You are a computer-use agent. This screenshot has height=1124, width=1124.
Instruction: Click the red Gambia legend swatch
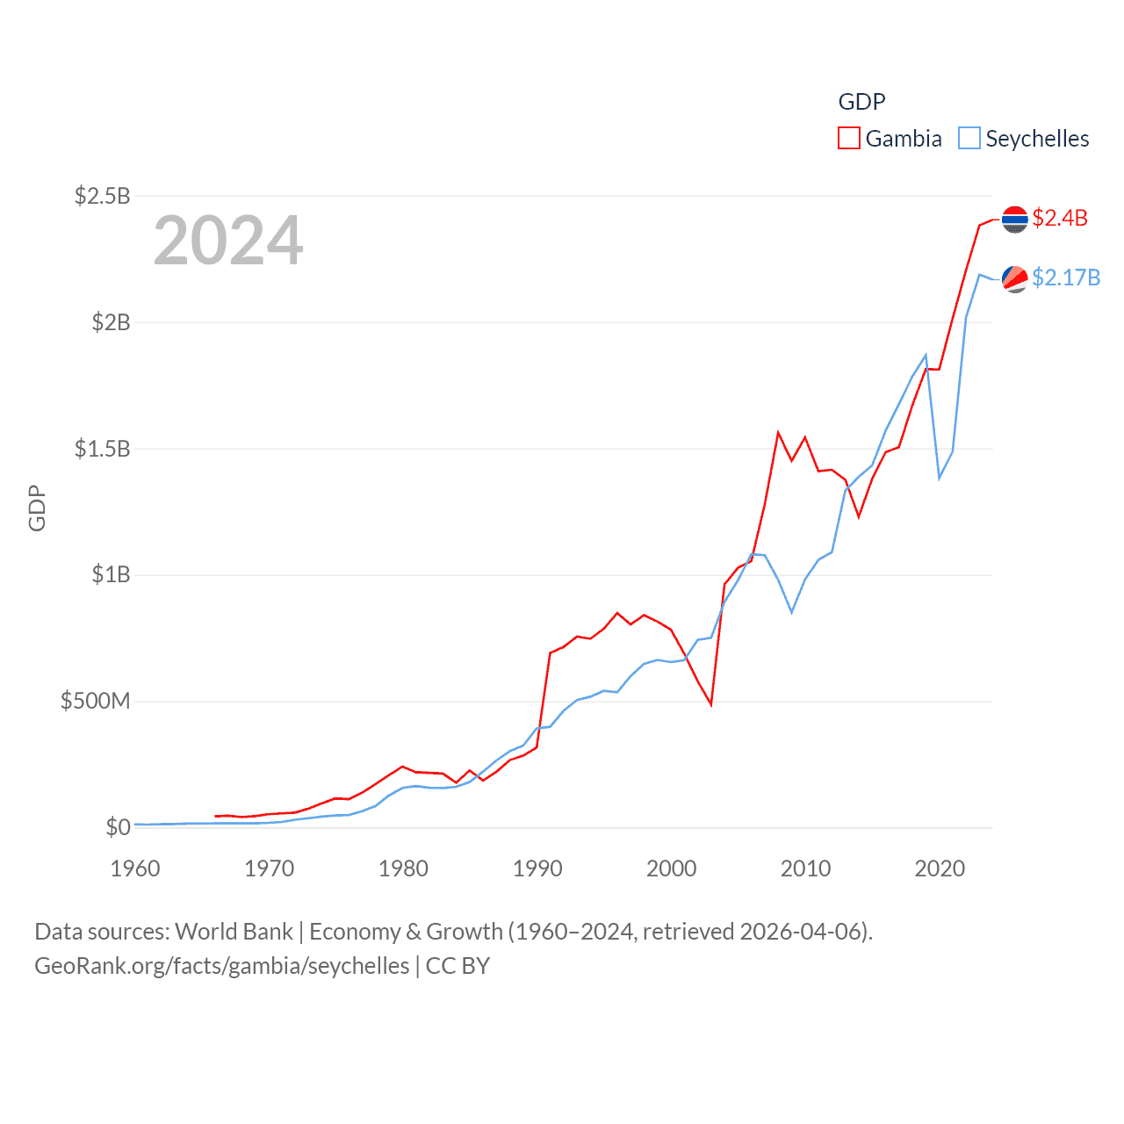pyautogui.click(x=848, y=139)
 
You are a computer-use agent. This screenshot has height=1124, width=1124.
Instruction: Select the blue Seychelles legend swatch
pyautogui.click(x=969, y=139)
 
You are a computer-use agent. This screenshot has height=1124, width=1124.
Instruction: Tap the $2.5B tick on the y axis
pyautogui.click(x=102, y=196)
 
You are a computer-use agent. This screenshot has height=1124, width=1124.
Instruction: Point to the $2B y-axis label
pyautogui.click(x=111, y=322)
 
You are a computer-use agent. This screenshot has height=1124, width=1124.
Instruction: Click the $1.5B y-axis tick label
pyautogui.click(x=102, y=449)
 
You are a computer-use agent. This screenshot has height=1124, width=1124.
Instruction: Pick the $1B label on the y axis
pyautogui.click(x=111, y=575)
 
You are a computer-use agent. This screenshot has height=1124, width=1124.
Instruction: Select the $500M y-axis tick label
pyautogui.click(x=95, y=701)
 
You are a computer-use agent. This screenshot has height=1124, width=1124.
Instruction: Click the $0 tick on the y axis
pyautogui.click(x=118, y=827)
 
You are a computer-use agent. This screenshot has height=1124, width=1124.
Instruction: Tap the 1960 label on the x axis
pyautogui.click(x=135, y=868)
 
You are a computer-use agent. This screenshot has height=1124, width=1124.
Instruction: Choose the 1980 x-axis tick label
pyautogui.click(x=403, y=868)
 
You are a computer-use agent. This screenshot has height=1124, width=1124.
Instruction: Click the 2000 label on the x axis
pyautogui.click(x=672, y=868)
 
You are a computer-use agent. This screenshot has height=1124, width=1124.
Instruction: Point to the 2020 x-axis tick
pyautogui.click(x=940, y=868)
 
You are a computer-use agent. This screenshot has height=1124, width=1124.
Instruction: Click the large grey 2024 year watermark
pyautogui.click(x=228, y=241)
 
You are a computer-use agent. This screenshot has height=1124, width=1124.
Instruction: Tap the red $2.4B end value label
pyautogui.click(x=1060, y=218)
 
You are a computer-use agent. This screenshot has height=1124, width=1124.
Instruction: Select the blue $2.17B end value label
pyautogui.click(x=1066, y=277)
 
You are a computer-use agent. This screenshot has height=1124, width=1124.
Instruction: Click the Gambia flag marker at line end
pyautogui.click(x=1015, y=220)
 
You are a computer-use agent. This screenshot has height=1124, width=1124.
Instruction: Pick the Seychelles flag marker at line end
pyautogui.click(x=1015, y=279)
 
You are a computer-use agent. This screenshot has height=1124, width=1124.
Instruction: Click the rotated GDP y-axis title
pyautogui.click(x=37, y=508)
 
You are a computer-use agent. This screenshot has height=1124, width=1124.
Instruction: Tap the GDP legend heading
pyautogui.click(x=861, y=102)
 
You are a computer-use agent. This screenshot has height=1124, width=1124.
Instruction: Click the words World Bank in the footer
pyautogui.click(x=234, y=932)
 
